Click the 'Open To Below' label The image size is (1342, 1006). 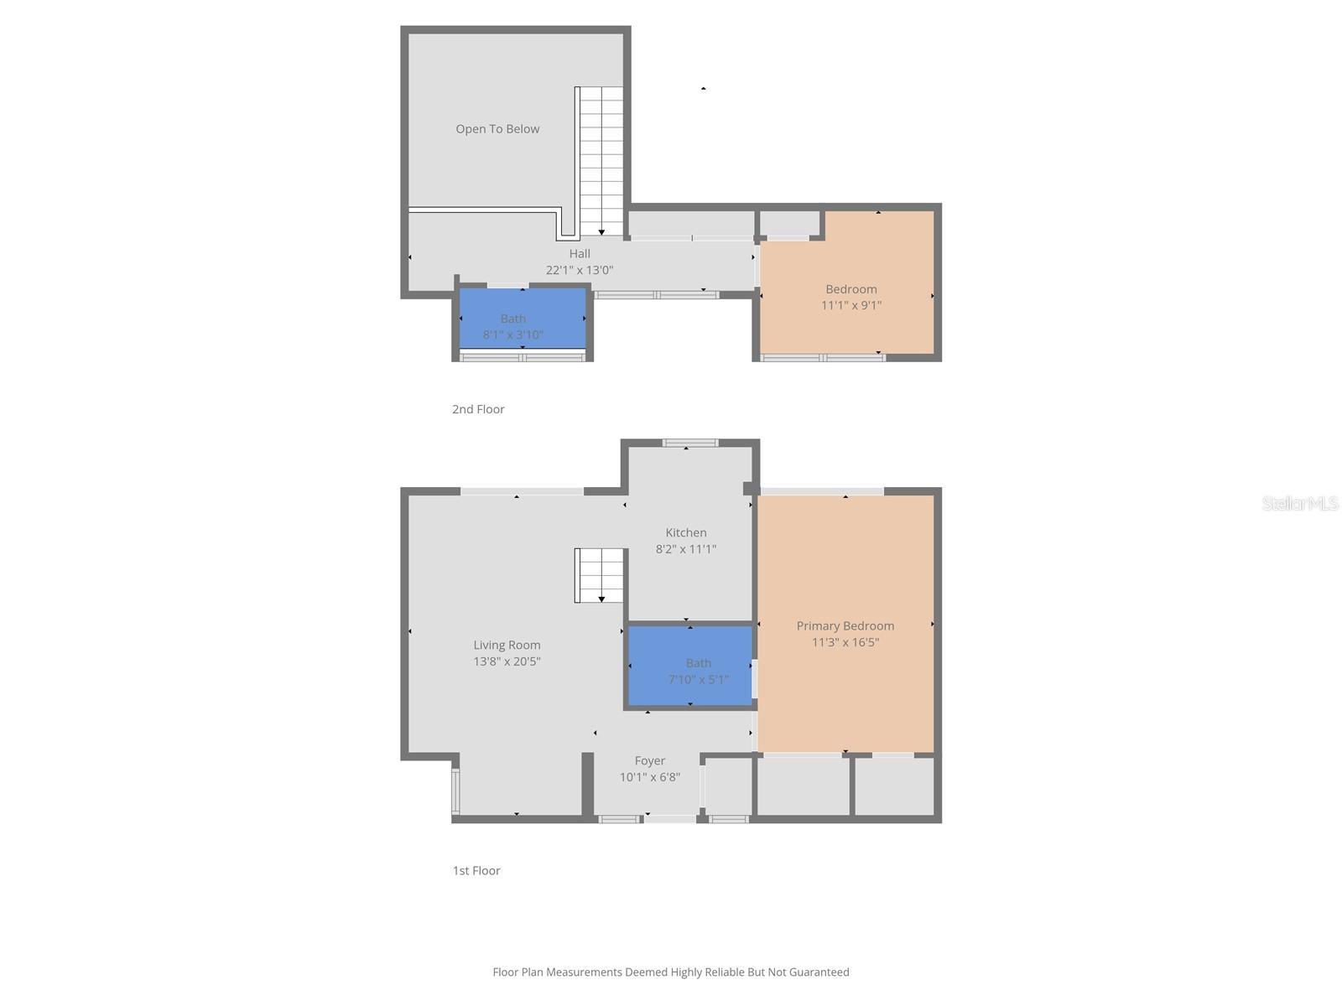(x=497, y=129)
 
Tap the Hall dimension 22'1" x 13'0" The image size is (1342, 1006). (x=580, y=270)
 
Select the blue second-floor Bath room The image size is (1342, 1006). (x=523, y=318)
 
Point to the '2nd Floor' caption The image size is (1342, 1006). (x=478, y=409)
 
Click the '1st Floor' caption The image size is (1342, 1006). (x=476, y=870)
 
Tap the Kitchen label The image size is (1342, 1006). (x=686, y=532)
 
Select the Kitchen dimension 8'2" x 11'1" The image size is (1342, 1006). (x=686, y=549)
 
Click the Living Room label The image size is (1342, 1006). (x=507, y=645)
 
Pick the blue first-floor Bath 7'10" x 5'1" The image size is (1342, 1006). (x=690, y=666)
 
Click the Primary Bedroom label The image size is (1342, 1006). (x=845, y=625)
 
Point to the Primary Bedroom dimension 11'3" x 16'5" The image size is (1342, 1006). (x=845, y=642)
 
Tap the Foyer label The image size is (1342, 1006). (x=649, y=760)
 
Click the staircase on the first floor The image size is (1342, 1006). (x=600, y=575)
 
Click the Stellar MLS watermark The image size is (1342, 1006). (x=1299, y=503)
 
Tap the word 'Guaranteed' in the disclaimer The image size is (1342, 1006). (x=818, y=972)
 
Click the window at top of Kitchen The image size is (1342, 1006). (x=690, y=443)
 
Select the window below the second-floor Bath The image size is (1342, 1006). (x=523, y=358)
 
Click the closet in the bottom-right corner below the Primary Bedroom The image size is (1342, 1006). (x=894, y=786)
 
